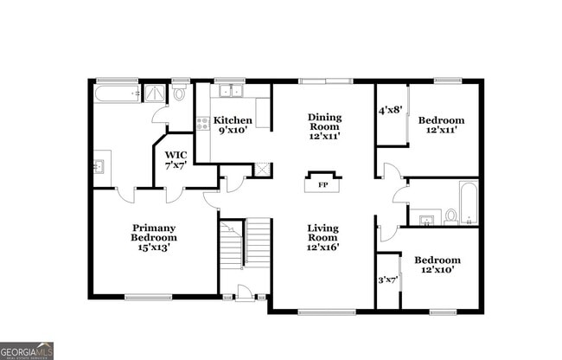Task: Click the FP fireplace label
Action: (x=323, y=185)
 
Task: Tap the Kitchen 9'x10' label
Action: (x=233, y=125)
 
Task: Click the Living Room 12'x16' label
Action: (x=323, y=237)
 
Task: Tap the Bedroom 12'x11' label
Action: (x=441, y=125)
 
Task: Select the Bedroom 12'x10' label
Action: (x=437, y=265)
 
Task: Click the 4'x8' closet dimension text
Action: (x=390, y=111)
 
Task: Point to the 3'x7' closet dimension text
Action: (x=387, y=280)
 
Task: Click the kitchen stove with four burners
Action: (x=202, y=124)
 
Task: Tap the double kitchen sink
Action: (x=231, y=92)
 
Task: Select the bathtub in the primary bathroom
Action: (x=116, y=93)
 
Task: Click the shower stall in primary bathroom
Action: (x=155, y=93)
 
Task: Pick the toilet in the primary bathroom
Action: (x=181, y=93)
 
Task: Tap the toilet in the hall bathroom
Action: (x=450, y=216)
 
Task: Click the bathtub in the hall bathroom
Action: (x=468, y=202)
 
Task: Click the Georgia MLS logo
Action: (x=27, y=350)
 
